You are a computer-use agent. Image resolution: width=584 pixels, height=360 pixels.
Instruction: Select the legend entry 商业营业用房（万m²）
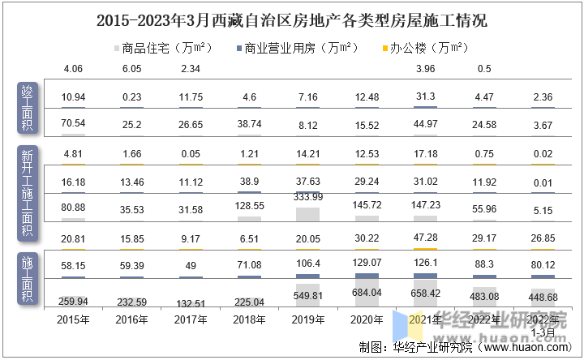[297, 48]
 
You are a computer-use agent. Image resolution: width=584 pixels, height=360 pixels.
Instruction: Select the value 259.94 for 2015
[73, 301]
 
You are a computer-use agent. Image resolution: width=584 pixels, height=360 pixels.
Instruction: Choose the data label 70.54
[73, 123]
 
